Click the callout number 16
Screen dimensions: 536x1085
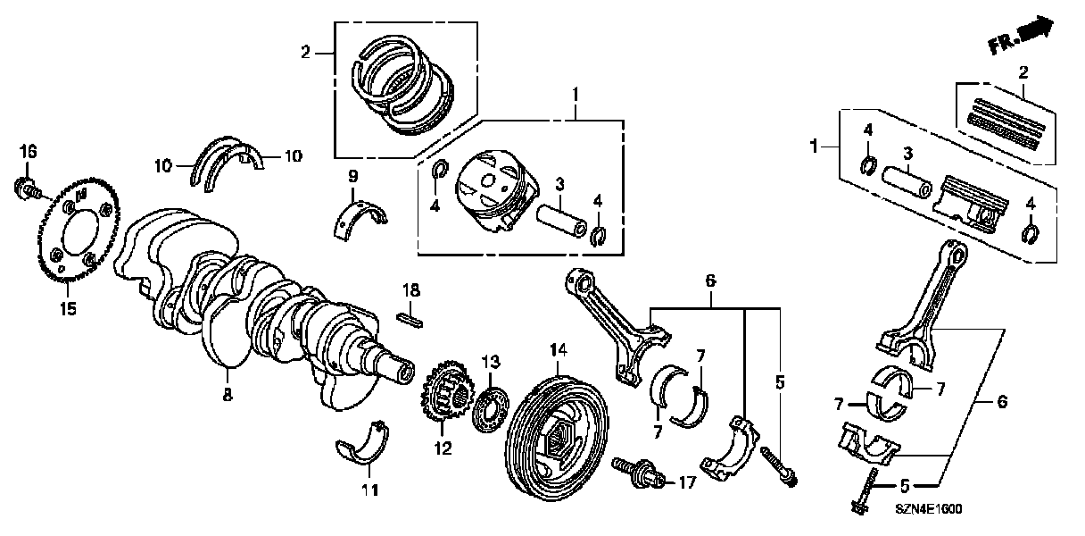tap(29, 153)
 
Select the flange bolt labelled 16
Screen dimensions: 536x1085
tap(27, 188)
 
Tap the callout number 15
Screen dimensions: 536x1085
tap(69, 309)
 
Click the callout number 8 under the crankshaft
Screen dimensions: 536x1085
tap(228, 394)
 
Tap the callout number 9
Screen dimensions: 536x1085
tap(353, 174)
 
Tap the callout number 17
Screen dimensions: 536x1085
tap(685, 483)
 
